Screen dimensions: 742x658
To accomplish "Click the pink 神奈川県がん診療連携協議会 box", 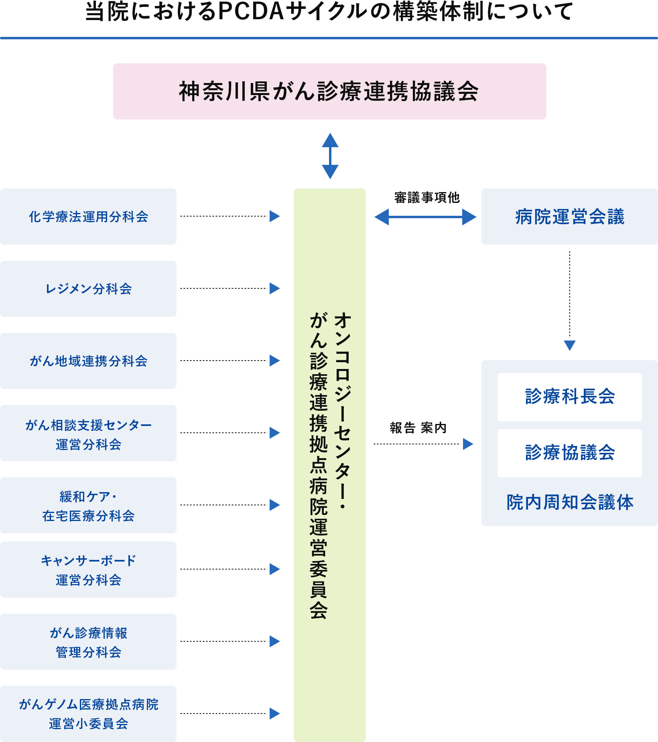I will point(329,91).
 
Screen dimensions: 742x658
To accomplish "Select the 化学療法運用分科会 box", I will point(88,217).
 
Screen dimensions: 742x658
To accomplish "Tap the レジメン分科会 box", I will point(88,289).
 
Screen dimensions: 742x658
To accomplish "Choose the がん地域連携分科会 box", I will point(88,361).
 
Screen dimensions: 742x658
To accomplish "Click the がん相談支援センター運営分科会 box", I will point(88,433).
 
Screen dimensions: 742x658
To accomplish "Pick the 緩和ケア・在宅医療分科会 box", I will point(88,505).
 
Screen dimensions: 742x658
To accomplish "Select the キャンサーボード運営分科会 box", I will point(88,570).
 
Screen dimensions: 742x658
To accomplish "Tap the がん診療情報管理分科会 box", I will point(88,642).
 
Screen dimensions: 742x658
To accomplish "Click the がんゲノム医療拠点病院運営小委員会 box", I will point(88,714).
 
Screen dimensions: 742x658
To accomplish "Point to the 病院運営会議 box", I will point(570,217).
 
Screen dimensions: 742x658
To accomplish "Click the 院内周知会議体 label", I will point(570,503).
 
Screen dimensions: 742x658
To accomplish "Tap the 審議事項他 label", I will point(426,198).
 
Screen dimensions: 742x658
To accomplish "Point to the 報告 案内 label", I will point(418,428).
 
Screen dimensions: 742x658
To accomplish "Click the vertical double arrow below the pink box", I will point(330,156).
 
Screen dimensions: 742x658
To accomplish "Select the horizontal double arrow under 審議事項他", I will point(425,217).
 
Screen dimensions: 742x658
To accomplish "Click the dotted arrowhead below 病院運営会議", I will point(570,345).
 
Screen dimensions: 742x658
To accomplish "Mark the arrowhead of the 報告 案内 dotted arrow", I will point(468,444).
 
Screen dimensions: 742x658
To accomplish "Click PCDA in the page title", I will point(251,11).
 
